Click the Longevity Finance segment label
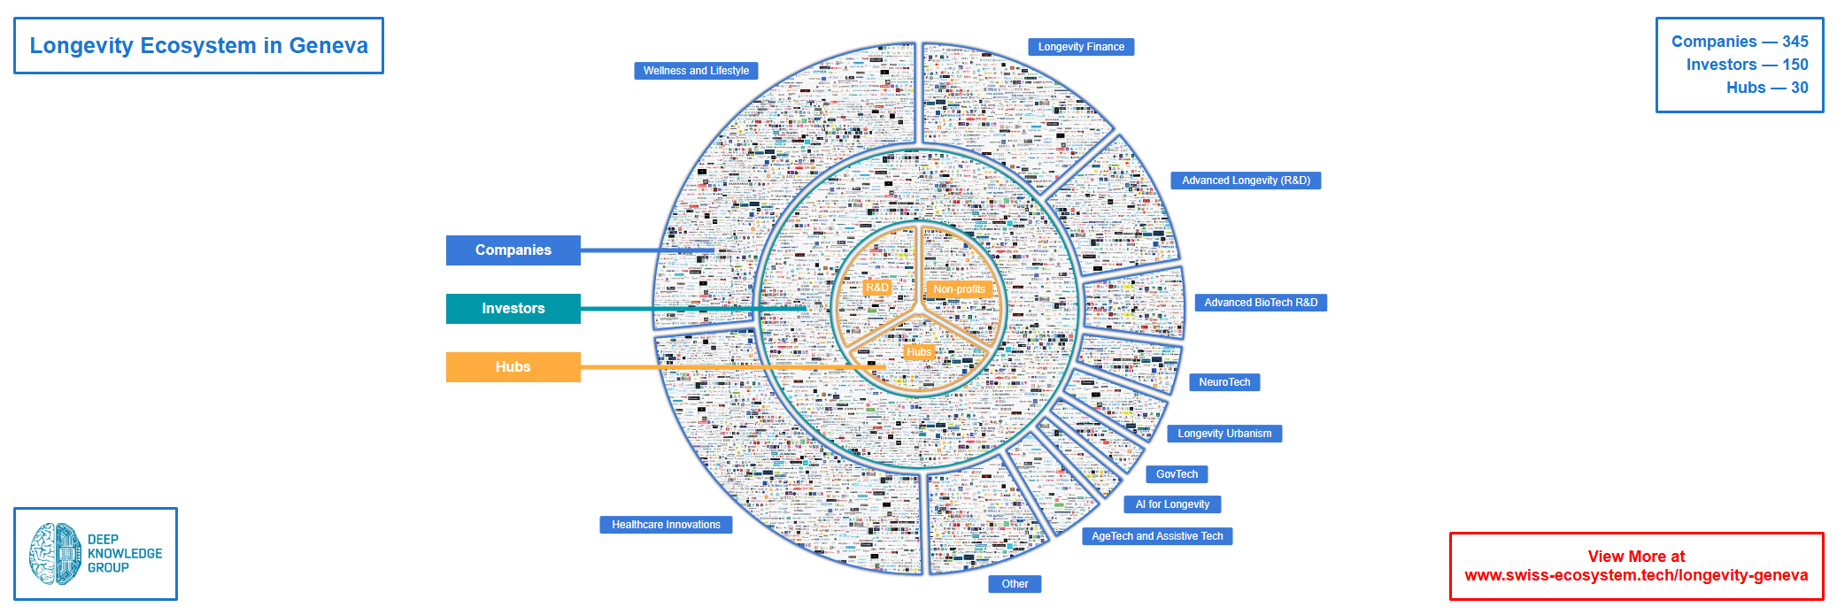pos(1081,47)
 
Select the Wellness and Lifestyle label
pos(696,71)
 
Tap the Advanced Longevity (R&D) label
pos(1246,181)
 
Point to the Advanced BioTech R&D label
pos(1261,303)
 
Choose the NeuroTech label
pos(1224,382)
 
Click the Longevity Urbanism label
pos(1224,434)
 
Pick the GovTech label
pos(1177,474)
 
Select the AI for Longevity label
pos(1172,504)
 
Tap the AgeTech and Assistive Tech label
pos(1157,536)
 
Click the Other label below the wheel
pos(1015,584)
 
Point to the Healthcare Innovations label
pos(666,525)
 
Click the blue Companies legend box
pos(513,250)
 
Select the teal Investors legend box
pos(513,309)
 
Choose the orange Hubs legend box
pos(513,367)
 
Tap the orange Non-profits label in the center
pos(959,289)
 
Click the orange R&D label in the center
pos(877,288)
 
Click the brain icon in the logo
pos(55,554)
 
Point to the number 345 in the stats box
pos(1795,42)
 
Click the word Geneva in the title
pos(328,46)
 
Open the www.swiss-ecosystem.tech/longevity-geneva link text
pos(1636,576)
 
